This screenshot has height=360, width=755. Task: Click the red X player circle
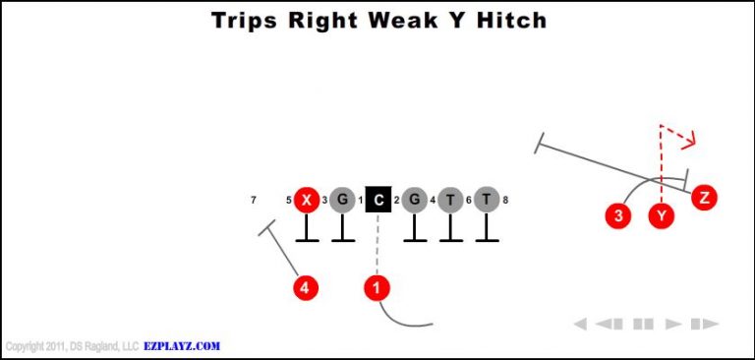(308, 200)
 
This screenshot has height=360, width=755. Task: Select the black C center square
(378, 200)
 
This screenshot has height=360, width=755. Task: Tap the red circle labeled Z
(704, 198)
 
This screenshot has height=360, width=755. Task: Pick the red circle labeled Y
(663, 215)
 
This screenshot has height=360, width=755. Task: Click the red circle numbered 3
(617, 215)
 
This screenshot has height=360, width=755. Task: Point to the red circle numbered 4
(307, 288)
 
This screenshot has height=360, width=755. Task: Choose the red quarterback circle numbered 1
(377, 288)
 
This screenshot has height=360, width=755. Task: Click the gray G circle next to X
(342, 200)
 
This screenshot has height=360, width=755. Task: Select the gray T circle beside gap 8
(486, 200)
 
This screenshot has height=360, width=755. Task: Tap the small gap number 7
(254, 201)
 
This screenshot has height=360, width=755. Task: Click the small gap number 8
(505, 201)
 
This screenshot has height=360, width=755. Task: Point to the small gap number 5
(289, 201)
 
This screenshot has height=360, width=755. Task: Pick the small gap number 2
(396, 201)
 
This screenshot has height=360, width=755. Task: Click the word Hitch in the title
(508, 20)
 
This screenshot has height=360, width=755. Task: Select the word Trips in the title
(246, 20)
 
